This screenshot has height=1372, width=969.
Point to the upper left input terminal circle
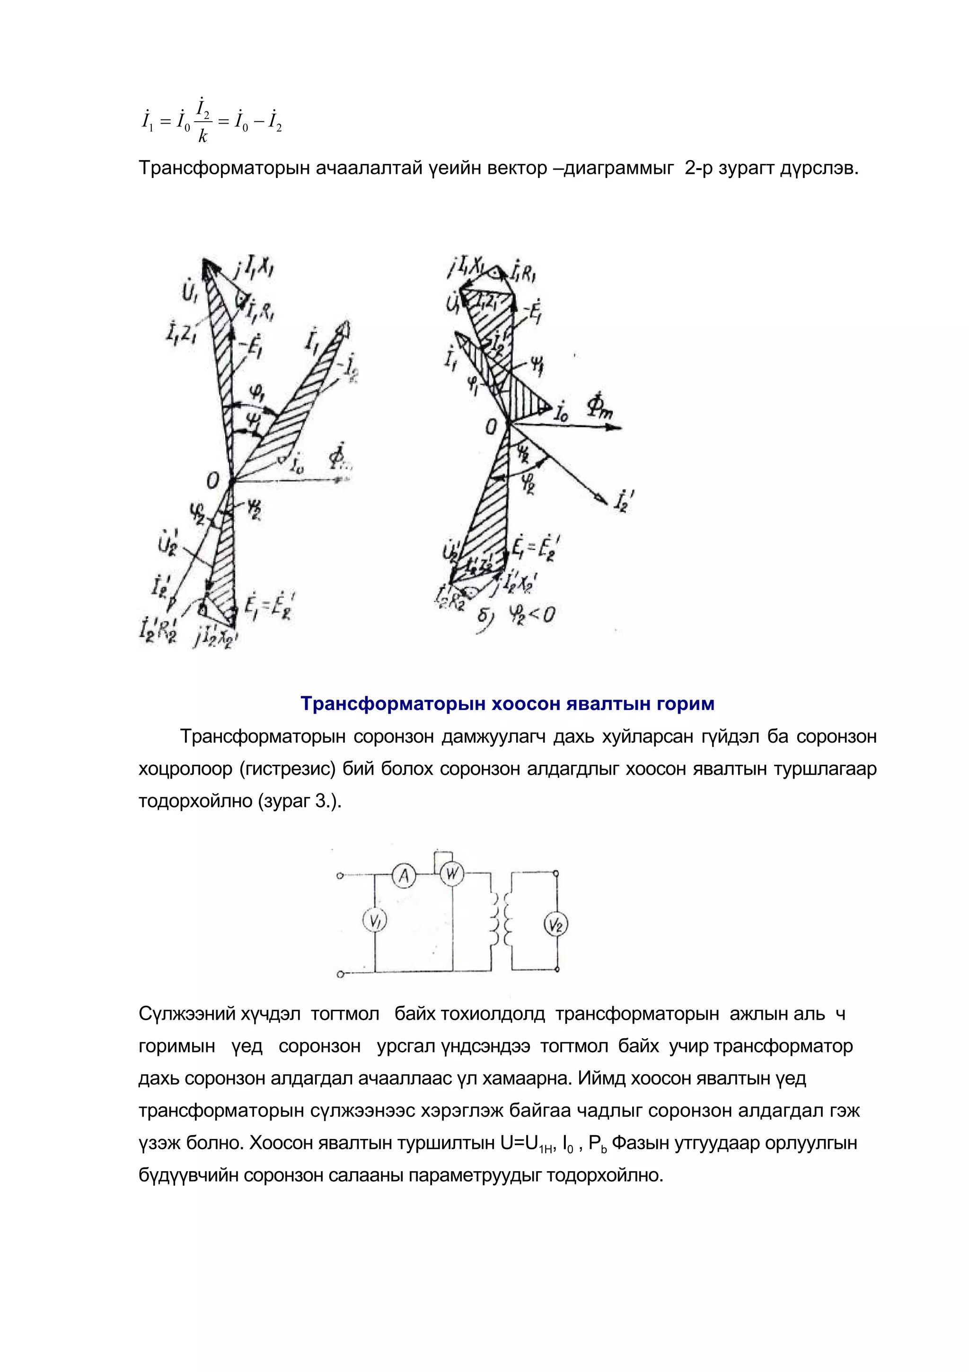click(x=340, y=877)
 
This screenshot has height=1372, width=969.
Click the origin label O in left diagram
click(x=213, y=480)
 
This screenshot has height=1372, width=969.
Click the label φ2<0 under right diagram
click(x=531, y=614)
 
